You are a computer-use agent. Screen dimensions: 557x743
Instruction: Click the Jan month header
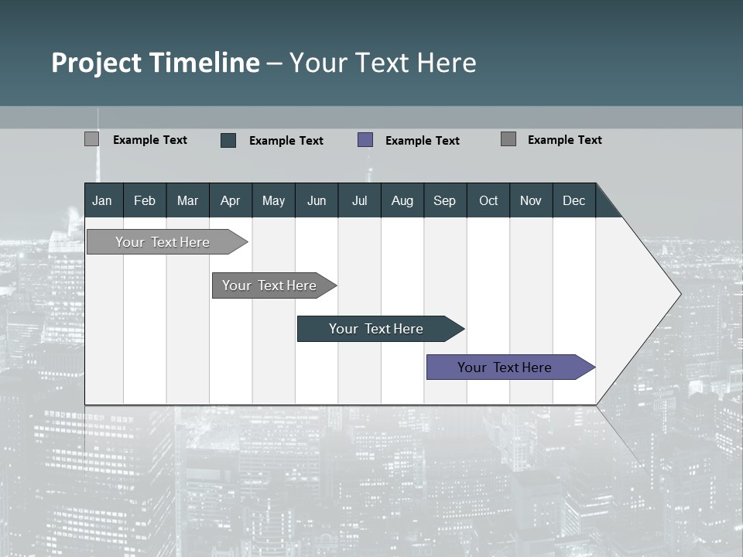pyautogui.click(x=102, y=201)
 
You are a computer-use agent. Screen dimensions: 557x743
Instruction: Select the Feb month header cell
pyautogui.click(x=145, y=201)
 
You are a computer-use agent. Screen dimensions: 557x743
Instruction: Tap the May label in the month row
pyautogui.click(x=273, y=201)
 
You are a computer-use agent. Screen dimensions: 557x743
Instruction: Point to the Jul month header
pyautogui.click(x=359, y=201)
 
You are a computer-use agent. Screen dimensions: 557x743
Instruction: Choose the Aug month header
pyautogui.click(x=402, y=201)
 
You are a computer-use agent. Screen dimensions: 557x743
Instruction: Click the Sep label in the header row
pyautogui.click(x=445, y=201)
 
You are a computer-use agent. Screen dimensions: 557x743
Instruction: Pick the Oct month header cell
pyautogui.click(x=488, y=201)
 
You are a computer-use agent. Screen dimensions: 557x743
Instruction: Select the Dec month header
pyautogui.click(x=574, y=201)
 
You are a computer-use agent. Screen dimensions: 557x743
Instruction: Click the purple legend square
pyautogui.click(x=365, y=140)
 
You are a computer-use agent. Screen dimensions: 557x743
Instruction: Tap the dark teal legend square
pyautogui.click(x=228, y=140)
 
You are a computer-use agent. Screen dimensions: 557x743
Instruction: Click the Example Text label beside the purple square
pyautogui.click(x=423, y=141)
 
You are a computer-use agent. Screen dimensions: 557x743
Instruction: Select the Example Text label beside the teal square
pyautogui.click(x=286, y=141)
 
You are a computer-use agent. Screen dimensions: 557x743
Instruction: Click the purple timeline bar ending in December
pyautogui.click(x=507, y=367)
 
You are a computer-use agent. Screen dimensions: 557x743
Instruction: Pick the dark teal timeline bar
pyautogui.click(x=377, y=329)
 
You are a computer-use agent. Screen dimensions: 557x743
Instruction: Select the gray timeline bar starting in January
pyautogui.click(x=163, y=242)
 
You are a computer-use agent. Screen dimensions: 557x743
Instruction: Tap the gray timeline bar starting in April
pyautogui.click(x=270, y=285)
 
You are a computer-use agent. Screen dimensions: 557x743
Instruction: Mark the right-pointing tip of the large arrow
pyautogui.click(x=680, y=294)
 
